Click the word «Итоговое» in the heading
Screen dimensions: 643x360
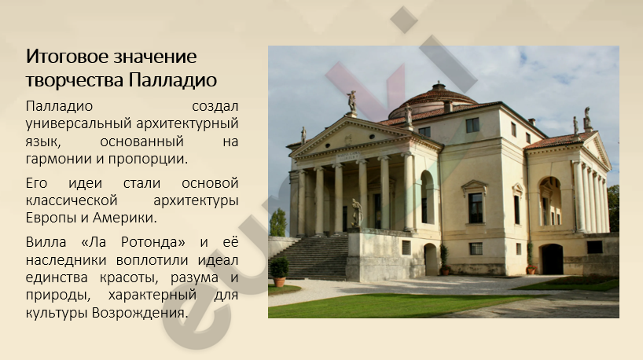pyautogui.click(x=67, y=56)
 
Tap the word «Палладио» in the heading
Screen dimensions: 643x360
pyautogui.click(x=173, y=80)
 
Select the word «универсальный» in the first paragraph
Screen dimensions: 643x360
pyautogui.click(x=79, y=123)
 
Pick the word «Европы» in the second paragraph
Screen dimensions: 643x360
pyautogui.click(x=51, y=217)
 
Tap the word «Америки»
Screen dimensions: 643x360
pyautogui.click(x=124, y=217)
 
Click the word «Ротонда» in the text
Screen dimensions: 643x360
pyautogui.click(x=153, y=242)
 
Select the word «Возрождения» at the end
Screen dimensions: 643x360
pyautogui.click(x=139, y=313)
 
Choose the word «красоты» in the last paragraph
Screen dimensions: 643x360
pyautogui.click(x=129, y=277)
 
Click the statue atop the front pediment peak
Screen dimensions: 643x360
pyautogui.click(x=352, y=102)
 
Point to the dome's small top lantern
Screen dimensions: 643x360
pyautogui.click(x=439, y=86)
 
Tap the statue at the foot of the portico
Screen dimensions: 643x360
pyautogui.click(x=357, y=213)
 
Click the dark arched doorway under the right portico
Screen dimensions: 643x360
pyautogui.click(x=552, y=259)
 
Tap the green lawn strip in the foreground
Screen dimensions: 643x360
pyautogui.click(x=394, y=306)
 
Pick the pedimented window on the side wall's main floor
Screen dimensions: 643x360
pyautogui.click(x=475, y=203)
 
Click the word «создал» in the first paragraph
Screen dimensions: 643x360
pyautogui.click(x=215, y=106)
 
